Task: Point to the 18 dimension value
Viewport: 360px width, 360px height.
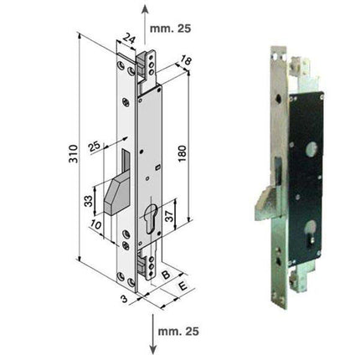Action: point(187,59)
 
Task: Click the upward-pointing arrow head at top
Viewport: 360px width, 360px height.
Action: point(147,8)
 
